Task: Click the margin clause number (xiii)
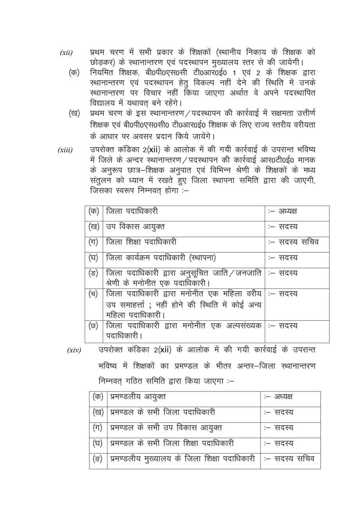tap(65, 150)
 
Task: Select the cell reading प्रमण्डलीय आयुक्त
tap(138, 397)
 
